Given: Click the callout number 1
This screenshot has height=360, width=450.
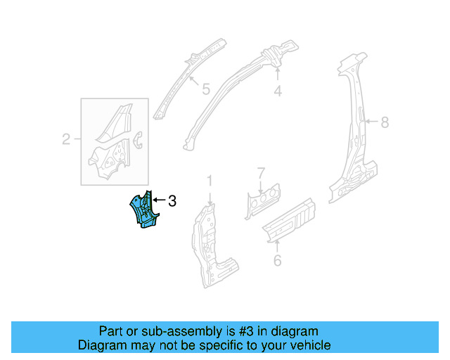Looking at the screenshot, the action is coord(209,181).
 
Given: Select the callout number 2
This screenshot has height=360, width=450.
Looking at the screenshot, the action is coord(66,139).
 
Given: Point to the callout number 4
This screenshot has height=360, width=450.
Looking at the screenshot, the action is coord(278,91).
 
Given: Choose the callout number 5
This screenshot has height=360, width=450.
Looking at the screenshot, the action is coord(205,89).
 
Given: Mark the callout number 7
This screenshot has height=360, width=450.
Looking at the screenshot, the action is coord(261,172).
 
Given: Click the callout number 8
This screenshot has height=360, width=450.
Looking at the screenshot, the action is coord(384,122).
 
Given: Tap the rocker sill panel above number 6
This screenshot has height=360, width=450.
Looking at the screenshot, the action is coord(288,219).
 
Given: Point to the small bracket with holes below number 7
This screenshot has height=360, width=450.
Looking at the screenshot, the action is coord(261,199).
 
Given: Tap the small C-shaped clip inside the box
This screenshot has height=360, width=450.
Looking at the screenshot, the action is coord(138,139).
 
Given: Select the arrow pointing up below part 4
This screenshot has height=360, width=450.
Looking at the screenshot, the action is coord(278,75).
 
